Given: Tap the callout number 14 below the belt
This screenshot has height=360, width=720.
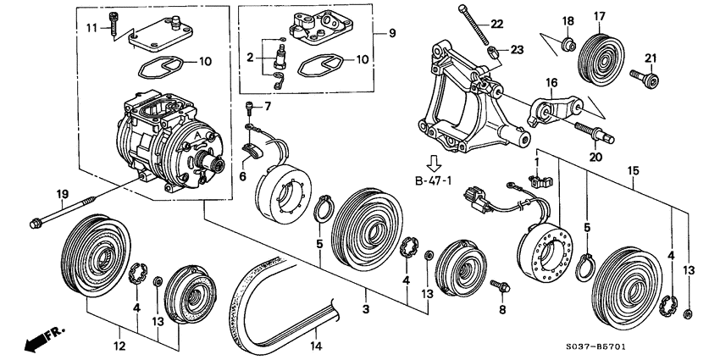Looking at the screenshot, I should [315, 346].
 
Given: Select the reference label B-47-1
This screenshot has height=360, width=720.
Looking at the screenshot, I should [435, 180].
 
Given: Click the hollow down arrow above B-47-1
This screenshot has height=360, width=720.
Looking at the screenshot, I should [435, 161].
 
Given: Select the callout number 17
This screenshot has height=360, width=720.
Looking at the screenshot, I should [599, 16].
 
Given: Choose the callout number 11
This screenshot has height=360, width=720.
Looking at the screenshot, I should [92, 28].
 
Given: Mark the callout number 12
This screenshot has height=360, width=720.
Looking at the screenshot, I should [120, 346].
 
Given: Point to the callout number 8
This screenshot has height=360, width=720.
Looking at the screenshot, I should [501, 310].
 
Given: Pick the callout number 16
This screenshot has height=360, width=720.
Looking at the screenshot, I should [551, 83].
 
